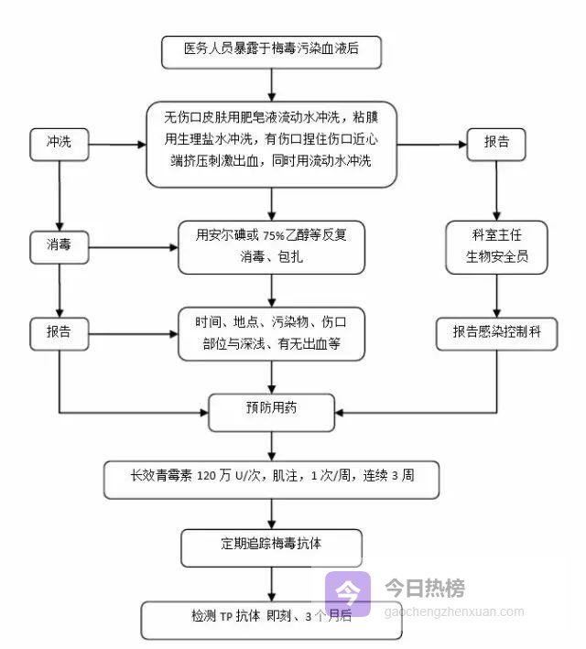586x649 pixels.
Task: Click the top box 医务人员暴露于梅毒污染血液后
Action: tap(270, 51)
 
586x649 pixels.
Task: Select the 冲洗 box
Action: tap(59, 145)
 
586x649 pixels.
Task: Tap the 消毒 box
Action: tap(59, 247)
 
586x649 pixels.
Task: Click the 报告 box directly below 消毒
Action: tap(59, 333)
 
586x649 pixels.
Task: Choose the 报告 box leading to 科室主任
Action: tap(496, 145)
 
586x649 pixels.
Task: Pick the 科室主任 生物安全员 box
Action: tap(496, 246)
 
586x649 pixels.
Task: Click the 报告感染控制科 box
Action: tap(496, 333)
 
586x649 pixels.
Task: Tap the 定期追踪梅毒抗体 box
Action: tap(271, 545)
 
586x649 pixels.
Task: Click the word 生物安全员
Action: tap(496, 257)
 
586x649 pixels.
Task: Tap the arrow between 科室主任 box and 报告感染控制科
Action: tap(496, 296)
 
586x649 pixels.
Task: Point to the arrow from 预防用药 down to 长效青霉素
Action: tap(272, 446)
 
